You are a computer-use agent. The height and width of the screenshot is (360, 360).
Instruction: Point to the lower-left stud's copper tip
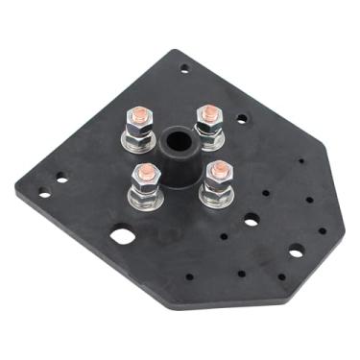[146, 172]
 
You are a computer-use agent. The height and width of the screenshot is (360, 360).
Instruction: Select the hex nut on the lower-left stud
[147, 186]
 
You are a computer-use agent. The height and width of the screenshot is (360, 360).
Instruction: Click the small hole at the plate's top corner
[184, 67]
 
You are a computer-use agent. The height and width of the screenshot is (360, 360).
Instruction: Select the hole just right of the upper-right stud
[241, 119]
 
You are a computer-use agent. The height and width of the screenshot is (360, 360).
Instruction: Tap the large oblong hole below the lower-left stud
[122, 234]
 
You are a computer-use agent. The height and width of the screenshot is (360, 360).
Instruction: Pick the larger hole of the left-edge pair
[61, 178]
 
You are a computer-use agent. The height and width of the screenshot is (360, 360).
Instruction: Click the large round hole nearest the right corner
[296, 251]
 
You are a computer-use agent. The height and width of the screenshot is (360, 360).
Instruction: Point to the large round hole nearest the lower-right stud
[252, 220]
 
